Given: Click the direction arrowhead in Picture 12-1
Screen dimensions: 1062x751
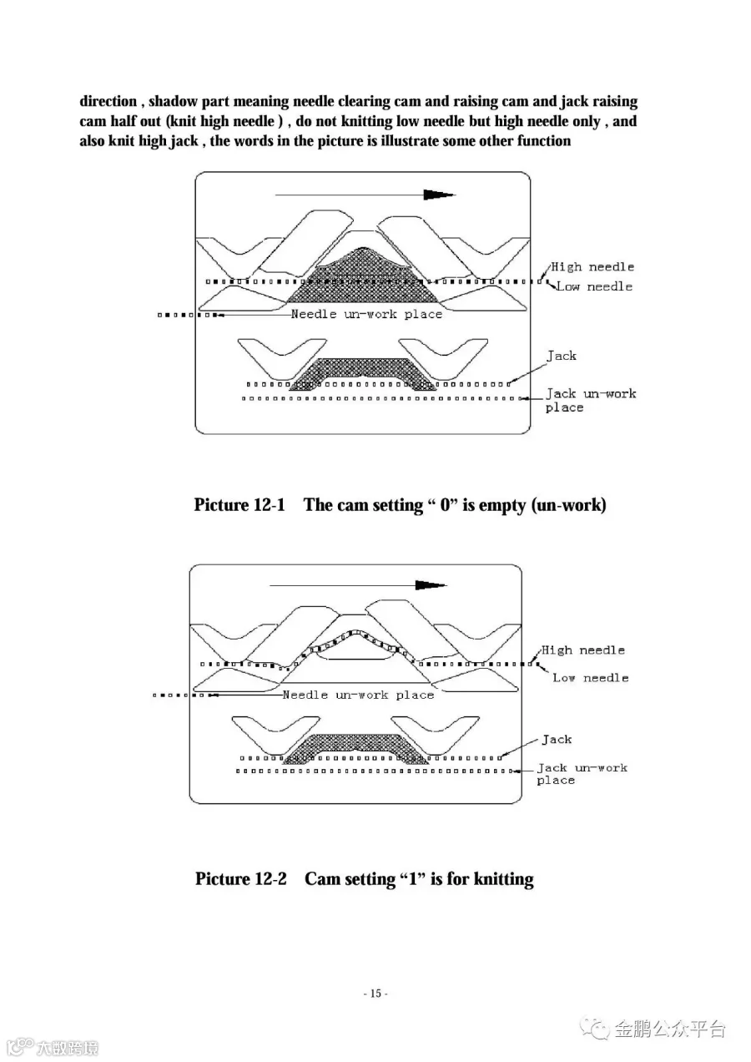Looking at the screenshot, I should point(439,195).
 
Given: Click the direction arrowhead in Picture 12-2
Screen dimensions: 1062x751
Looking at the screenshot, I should point(431,585).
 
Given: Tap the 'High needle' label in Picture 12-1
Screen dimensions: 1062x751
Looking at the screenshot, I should point(592,267).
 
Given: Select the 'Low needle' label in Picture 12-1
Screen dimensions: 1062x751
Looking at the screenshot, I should point(594,286).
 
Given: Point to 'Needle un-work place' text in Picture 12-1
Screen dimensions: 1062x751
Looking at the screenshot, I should point(366,314).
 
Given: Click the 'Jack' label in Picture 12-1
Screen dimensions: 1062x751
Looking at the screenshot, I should point(562,356).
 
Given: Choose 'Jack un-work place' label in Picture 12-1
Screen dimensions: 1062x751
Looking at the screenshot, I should point(590,400).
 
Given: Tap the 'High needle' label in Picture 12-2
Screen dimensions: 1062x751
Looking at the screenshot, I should point(583,650).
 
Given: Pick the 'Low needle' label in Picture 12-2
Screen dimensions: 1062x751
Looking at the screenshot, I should point(590,678).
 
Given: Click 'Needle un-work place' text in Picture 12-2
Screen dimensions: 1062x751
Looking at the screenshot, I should point(359,695).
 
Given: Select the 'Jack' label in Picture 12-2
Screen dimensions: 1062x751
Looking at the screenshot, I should point(557,740).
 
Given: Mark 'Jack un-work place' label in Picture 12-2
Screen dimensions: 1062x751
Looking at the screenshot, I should point(582,773).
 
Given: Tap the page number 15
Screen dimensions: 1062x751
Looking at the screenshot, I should point(375,994).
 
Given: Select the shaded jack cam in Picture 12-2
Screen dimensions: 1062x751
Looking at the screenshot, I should point(357,746).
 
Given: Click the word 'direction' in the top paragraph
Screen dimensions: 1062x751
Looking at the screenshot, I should point(108,102).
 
